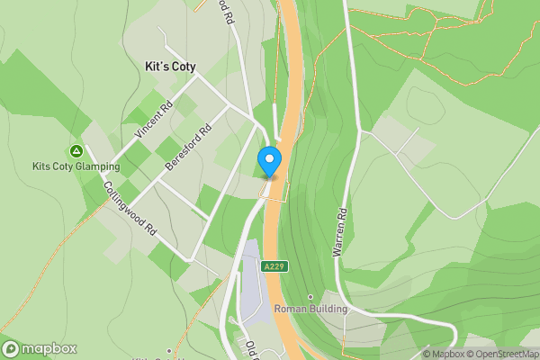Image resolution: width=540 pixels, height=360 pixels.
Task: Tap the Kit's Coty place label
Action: [170, 66]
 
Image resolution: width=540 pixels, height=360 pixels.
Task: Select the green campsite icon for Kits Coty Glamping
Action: [76, 151]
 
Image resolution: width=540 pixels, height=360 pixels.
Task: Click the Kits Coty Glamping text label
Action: [76, 167]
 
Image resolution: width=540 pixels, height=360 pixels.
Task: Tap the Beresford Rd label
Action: [188, 148]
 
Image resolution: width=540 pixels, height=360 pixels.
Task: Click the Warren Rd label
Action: [340, 234]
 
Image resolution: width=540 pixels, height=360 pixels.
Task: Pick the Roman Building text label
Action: [310, 309]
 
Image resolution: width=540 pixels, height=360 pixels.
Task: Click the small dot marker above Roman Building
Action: [310, 296]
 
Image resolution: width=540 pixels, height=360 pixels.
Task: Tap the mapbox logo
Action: [40, 349]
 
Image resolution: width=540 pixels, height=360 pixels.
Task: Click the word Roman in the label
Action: [290, 309]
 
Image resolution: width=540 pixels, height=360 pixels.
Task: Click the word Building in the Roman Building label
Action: [326, 309]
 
